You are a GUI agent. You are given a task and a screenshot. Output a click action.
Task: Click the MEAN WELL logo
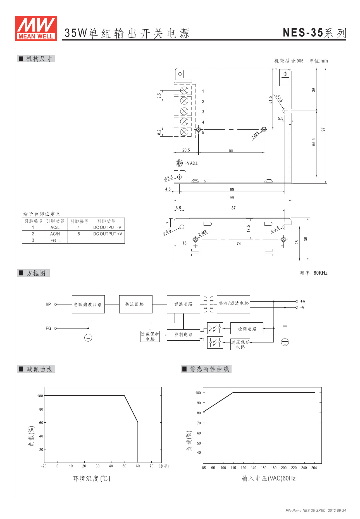point(36,28)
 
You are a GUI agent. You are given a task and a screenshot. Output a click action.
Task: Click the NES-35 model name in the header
point(303,33)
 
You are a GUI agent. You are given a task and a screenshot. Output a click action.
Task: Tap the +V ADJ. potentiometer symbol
point(179,163)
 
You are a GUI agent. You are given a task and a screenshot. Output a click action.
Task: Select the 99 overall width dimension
point(232,197)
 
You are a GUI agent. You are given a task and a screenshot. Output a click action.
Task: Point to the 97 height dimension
point(323,130)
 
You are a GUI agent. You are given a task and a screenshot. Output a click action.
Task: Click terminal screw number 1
point(184,91)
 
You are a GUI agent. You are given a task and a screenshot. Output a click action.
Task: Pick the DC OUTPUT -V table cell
point(108,227)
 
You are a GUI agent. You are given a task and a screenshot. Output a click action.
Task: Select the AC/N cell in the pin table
point(55,234)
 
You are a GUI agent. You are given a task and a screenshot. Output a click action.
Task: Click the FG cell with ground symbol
point(56,240)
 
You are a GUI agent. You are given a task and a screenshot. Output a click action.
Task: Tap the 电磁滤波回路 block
point(88,304)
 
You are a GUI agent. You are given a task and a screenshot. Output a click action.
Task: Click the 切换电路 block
point(183,304)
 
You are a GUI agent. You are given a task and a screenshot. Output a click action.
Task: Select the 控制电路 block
point(183,335)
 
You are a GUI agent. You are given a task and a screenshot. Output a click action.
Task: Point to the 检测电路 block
point(247,329)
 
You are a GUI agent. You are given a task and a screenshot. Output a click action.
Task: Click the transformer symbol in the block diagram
point(209,304)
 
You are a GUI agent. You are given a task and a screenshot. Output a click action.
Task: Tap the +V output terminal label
point(303,301)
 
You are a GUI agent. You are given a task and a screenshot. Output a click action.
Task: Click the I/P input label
point(48,304)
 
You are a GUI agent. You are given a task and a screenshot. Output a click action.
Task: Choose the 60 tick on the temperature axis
point(138,466)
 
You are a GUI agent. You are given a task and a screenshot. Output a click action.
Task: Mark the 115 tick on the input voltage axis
point(233,468)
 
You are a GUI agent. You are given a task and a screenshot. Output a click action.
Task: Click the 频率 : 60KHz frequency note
point(314,273)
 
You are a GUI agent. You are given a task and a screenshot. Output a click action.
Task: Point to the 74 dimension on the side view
point(239,244)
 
